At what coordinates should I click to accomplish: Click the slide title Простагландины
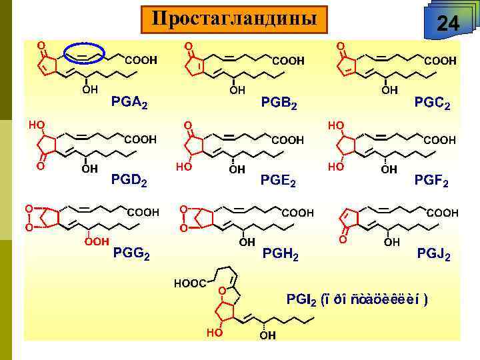coord(234,19)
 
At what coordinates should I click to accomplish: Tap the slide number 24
coord(447,25)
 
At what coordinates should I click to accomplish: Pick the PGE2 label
coord(279,180)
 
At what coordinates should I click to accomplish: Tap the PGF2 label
coord(431,180)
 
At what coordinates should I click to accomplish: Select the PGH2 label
coord(281,254)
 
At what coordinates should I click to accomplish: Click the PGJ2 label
coord(433,254)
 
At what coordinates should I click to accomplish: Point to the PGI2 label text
coord(356,298)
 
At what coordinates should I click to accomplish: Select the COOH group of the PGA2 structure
coord(141,61)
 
